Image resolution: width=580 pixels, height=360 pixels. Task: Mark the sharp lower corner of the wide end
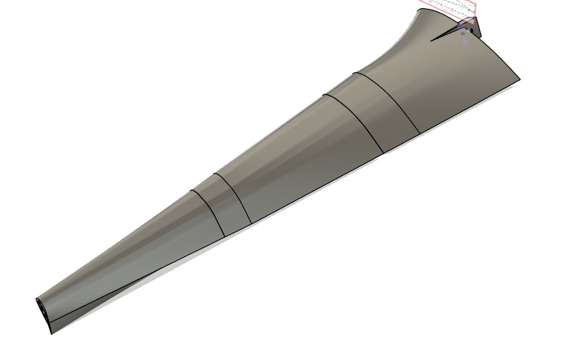[x=519, y=79]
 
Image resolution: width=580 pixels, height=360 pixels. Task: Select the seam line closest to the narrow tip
[x=208, y=212]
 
